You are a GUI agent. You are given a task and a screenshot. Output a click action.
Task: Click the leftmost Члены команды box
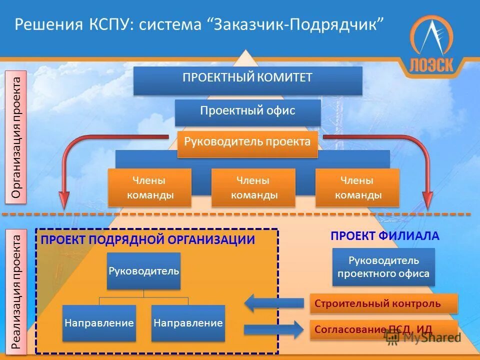tap(149, 187)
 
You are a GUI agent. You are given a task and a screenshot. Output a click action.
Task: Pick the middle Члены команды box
tap(253, 187)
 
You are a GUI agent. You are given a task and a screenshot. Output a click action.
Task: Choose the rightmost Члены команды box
tap(357, 187)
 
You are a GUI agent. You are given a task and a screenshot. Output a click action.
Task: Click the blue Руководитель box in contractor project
tap(143, 270)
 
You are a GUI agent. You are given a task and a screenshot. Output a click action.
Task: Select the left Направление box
tap(99, 323)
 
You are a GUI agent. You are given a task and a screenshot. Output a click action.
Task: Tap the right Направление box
tap(187, 323)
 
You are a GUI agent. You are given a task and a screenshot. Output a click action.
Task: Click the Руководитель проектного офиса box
tap(383, 267)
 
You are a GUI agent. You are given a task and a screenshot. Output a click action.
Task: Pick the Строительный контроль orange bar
tap(383, 303)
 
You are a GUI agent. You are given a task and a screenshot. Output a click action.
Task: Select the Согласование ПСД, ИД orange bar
tap(383, 329)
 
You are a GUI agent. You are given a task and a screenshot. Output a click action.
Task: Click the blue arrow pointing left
tap(273, 303)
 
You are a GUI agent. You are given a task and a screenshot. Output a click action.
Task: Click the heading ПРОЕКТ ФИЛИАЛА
tap(384, 236)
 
